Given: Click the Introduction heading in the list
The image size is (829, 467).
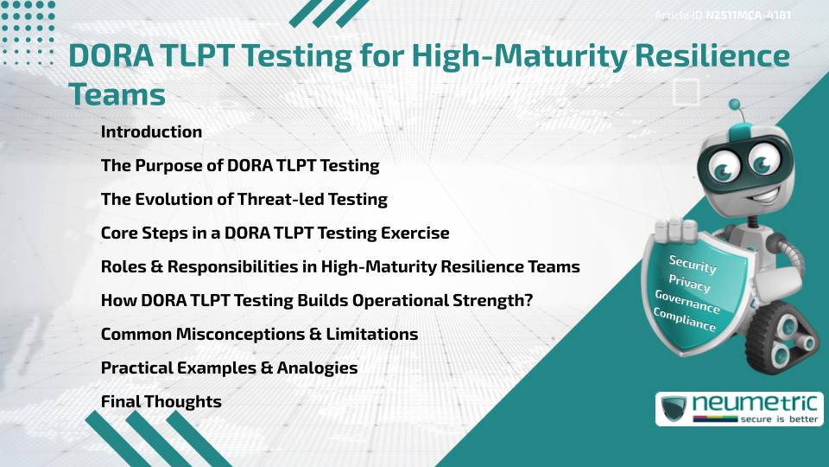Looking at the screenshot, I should pos(151,132).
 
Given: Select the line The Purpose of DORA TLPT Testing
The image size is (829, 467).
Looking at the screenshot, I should pos(240,166).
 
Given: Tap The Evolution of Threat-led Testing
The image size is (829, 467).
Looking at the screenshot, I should pos(244,200).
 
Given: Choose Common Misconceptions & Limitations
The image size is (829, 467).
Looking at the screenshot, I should pos(259,335).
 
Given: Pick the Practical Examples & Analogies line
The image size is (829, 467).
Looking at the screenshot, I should pos(229,368).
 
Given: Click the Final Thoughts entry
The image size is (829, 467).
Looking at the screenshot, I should pos(161,402).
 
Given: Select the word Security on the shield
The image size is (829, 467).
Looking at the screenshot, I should pos(693,265).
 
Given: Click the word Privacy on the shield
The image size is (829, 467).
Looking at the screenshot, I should pos(689,284).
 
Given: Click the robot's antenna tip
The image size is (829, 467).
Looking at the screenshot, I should pos(735,105).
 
